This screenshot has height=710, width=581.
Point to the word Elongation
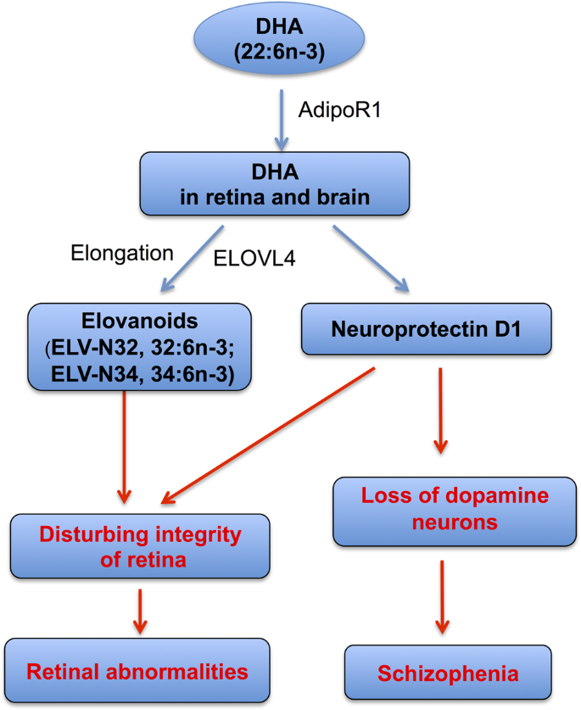[123, 252]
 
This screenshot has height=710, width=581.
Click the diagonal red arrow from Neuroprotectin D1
[271, 433]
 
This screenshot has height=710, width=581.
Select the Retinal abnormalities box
[137, 672]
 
